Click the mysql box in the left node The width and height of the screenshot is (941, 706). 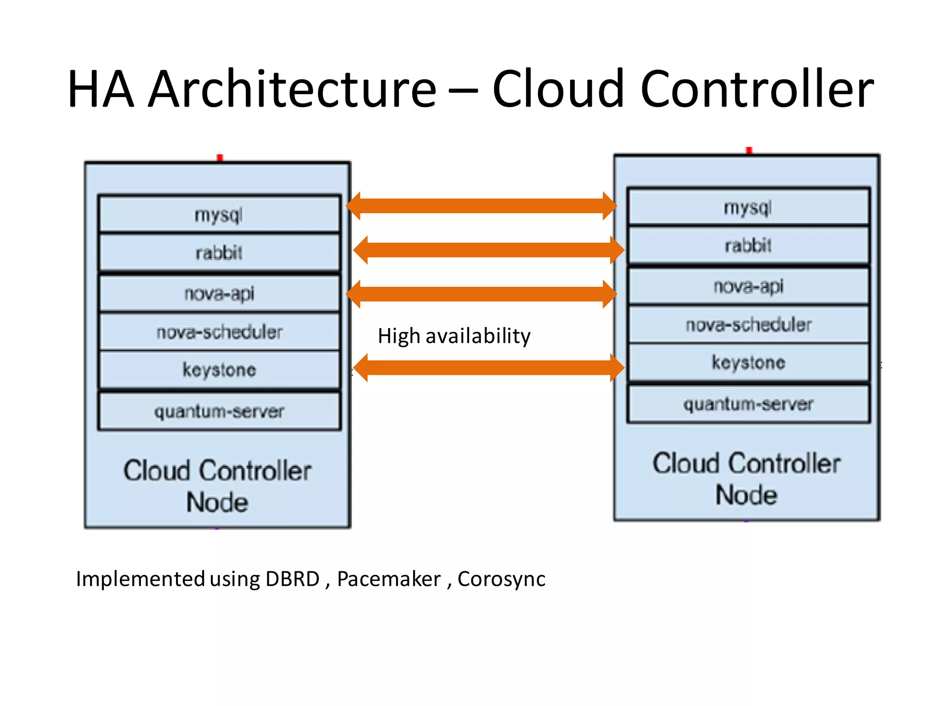tap(219, 214)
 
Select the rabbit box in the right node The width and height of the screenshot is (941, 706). tap(748, 245)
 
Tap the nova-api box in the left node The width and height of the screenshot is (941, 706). tap(219, 293)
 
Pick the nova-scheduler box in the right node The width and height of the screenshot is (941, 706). tap(748, 325)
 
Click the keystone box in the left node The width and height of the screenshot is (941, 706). tap(219, 370)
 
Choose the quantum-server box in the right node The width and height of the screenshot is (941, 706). tap(748, 404)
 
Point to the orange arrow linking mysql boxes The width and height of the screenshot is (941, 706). tap(481, 206)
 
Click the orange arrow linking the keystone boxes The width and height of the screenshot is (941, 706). tap(488, 368)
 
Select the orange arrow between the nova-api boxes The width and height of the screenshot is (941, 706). tap(481, 294)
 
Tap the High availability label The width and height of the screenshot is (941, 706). tap(454, 336)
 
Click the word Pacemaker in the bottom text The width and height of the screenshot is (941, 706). tap(389, 579)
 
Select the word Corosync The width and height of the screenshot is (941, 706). tap(501, 579)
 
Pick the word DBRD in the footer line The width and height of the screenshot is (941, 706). tap(292, 579)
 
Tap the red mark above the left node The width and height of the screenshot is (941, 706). tap(220, 158)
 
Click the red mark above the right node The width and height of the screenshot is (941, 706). tap(749, 150)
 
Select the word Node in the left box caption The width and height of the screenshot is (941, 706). tap(217, 502)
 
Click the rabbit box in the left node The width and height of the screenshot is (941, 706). tap(219, 253)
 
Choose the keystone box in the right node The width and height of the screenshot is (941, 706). tap(748, 362)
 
